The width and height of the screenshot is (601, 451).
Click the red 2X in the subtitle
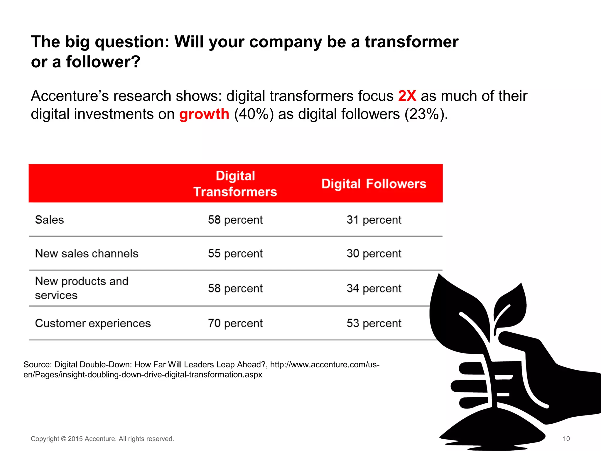407,96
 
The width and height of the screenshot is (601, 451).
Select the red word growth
204,114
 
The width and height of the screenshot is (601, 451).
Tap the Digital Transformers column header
235,184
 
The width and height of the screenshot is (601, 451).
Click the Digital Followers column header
374,184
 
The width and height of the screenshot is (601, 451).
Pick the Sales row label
49,220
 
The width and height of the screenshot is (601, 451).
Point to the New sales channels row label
87,253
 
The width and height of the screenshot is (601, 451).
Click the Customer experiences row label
93,323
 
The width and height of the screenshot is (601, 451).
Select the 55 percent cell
235,253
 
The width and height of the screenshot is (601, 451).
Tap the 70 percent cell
235,323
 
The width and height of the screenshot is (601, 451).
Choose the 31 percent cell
374,220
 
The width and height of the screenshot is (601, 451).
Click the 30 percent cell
374,253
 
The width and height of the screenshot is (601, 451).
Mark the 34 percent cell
374,288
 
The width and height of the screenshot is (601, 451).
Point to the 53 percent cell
374,323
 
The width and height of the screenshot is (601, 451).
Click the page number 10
566,439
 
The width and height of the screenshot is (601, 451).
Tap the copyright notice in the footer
102,439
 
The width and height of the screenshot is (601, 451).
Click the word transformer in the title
411,42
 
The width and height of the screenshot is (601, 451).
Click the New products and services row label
82,288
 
